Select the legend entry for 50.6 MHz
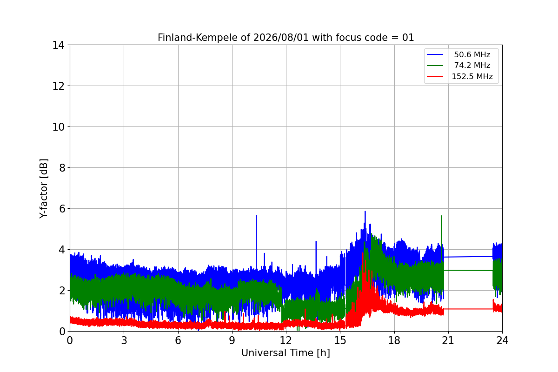tap(472, 54)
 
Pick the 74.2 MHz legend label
tap(472, 65)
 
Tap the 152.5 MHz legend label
tap(472, 76)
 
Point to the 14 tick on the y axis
tap(58, 46)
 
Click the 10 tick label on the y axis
tap(58, 127)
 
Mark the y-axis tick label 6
tap(62, 209)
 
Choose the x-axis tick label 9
tap(232, 340)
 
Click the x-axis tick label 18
tap(394, 340)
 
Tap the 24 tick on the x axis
tap(502, 340)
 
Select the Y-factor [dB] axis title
tap(44, 189)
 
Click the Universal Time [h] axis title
tap(286, 353)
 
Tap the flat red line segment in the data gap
tap(468, 309)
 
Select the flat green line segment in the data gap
tap(468, 270)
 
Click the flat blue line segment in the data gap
tap(468, 257)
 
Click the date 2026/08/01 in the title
tap(281, 38)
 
